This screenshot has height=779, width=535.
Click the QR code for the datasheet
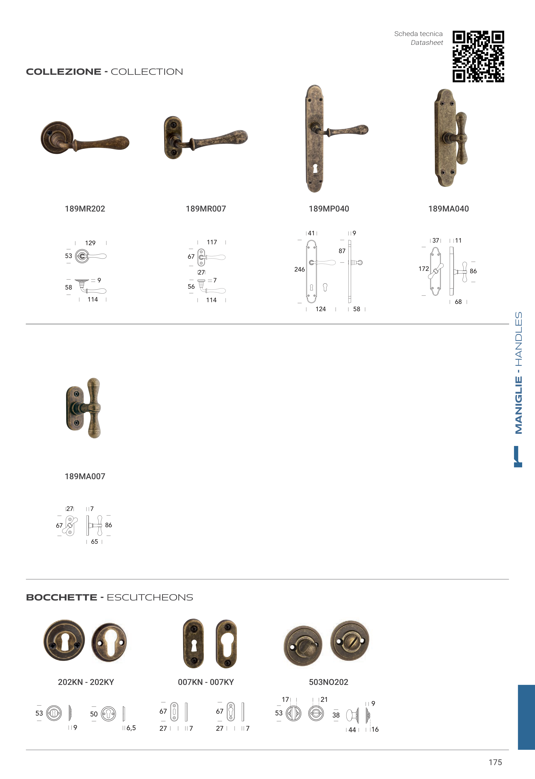(x=478, y=56)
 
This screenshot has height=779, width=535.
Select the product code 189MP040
(x=329, y=209)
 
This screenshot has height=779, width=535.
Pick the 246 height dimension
(x=299, y=269)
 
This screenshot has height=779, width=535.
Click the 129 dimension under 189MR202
(x=90, y=243)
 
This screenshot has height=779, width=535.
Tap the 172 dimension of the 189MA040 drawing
(x=424, y=269)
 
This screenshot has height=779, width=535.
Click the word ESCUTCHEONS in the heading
(x=150, y=597)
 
